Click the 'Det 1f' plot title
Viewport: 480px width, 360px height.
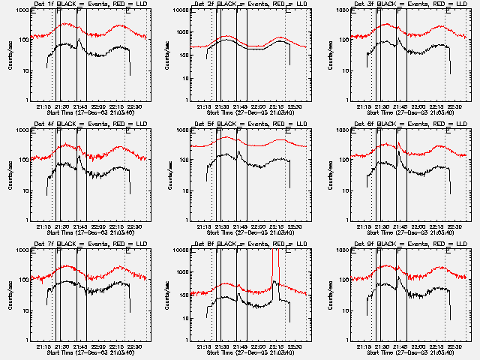45,4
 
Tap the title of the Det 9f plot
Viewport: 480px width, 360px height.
365,244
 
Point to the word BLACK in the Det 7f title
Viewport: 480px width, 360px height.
73,244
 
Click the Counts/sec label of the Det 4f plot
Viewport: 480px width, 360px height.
10,174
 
